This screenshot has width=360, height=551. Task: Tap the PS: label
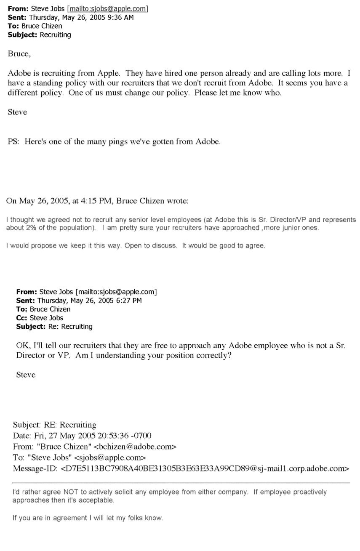point(14,142)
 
